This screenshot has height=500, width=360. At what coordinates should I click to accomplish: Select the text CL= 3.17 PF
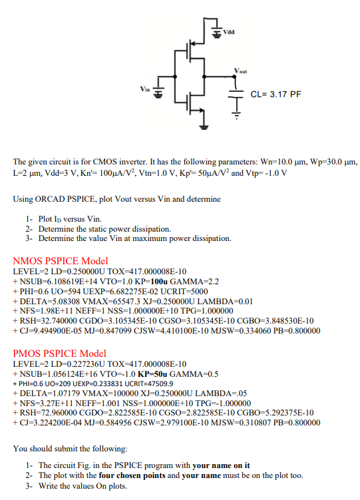(276, 94)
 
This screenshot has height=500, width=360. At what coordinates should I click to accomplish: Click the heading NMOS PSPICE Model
(60, 261)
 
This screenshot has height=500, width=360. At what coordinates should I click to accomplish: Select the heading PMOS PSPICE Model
(60, 353)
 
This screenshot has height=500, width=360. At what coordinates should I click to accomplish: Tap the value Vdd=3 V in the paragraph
(77, 173)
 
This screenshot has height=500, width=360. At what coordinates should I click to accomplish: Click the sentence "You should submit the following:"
(70, 448)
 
